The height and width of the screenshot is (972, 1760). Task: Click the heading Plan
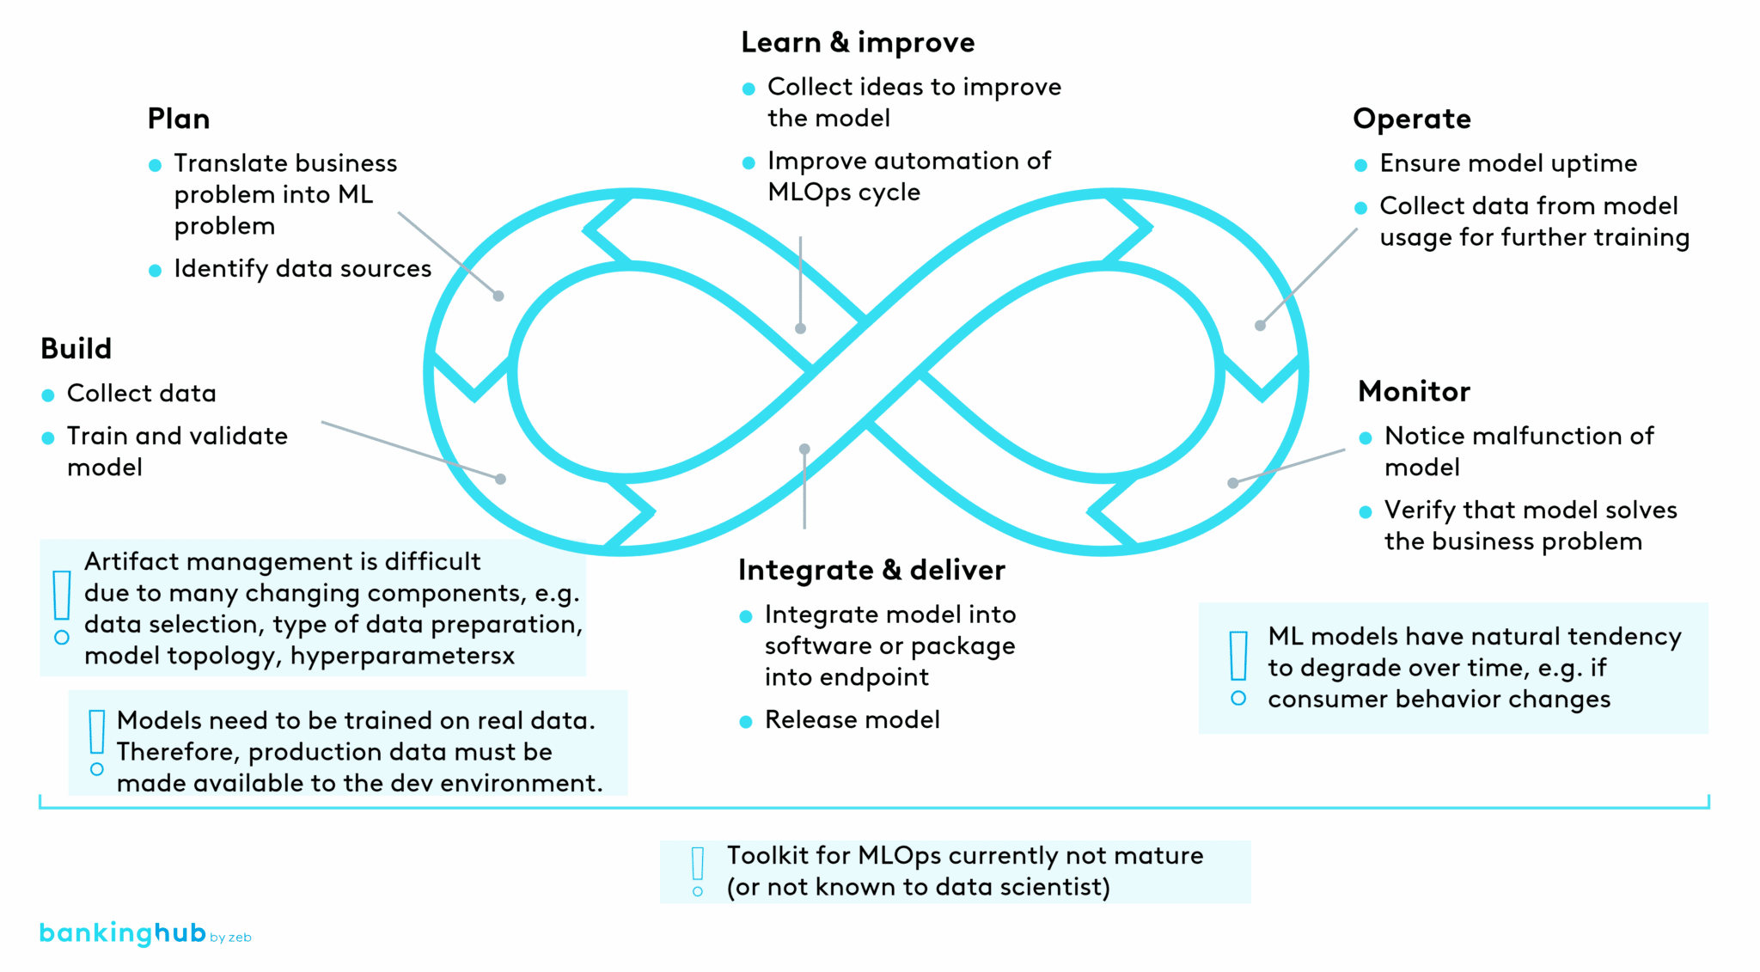pyautogui.click(x=178, y=119)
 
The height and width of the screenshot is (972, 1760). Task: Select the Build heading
pyautogui.click(x=76, y=349)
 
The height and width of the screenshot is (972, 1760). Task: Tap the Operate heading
pyautogui.click(x=1411, y=119)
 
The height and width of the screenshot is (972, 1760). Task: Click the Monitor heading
pyautogui.click(x=1414, y=392)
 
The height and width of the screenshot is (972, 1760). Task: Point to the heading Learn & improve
pyautogui.click(x=857, y=42)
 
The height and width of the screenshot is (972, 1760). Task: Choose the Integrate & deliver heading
pyautogui.click(x=871, y=571)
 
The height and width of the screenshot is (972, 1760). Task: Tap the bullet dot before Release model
pyautogui.click(x=746, y=722)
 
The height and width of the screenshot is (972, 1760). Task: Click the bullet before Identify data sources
pyautogui.click(x=155, y=271)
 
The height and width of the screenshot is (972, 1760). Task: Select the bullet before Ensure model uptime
pyautogui.click(x=1360, y=165)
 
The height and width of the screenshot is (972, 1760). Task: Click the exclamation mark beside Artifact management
pyautogui.click(x=62, y=607)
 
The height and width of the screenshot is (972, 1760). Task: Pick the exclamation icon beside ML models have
pyautogui.click(x=1238, y=668)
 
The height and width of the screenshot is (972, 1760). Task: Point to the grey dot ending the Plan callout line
pyautogui.click(x=498, y=296)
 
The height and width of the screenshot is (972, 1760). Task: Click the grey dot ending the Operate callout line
pyautogui.click(x=1260, y=326)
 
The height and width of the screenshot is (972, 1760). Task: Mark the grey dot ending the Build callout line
pyautogui.click(x=501, y=479)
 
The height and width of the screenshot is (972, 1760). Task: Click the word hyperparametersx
pyautogui.click(x=402, y=657)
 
